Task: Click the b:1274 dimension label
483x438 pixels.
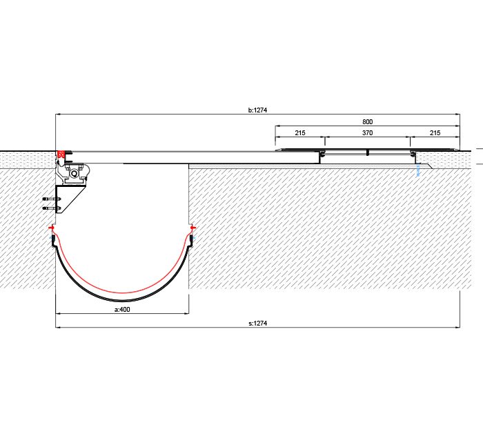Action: (x=257, y=110)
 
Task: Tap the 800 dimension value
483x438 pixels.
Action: (x=367, y=122)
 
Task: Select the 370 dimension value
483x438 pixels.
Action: (x=367, y=132)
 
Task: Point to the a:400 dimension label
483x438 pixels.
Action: (x=122, y=309)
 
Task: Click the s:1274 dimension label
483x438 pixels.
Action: (x=257, y=323)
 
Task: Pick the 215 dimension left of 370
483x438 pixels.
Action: (x=300, y=132)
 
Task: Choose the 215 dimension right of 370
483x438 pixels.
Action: (x=435, y=132)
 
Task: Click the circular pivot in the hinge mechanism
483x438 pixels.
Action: (x=75, y=174)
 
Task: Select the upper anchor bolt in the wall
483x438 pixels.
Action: (x=52, y=199)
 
